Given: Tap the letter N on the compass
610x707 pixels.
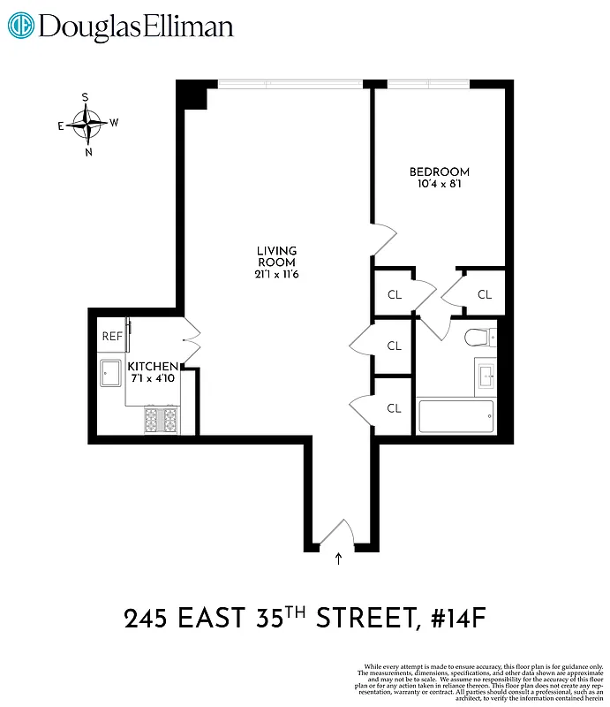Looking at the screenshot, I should click(88, 152).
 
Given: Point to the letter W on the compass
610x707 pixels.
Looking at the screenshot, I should click(114, 123).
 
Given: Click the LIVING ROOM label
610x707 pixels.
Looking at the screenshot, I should click(276, 256).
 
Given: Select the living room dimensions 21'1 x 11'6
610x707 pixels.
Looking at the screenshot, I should click(276, 275).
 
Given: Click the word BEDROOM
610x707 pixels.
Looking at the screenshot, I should click(439, 171).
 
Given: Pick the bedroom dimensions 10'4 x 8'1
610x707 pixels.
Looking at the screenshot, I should click(439, 185).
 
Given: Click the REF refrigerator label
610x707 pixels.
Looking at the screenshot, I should click(112, 336).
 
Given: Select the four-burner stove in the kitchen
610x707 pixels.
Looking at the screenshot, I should click(162, 420).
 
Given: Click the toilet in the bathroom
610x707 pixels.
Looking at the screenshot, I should click(478, 337).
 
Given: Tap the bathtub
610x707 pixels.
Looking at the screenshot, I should click(455, 416).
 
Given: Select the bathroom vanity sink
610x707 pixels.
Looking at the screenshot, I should click(486, 376).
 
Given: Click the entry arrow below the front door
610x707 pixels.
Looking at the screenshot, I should click(340, 558).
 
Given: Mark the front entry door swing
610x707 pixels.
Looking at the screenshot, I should click(335, 536).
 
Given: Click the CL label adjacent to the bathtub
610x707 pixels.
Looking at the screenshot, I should click(394, 408).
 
